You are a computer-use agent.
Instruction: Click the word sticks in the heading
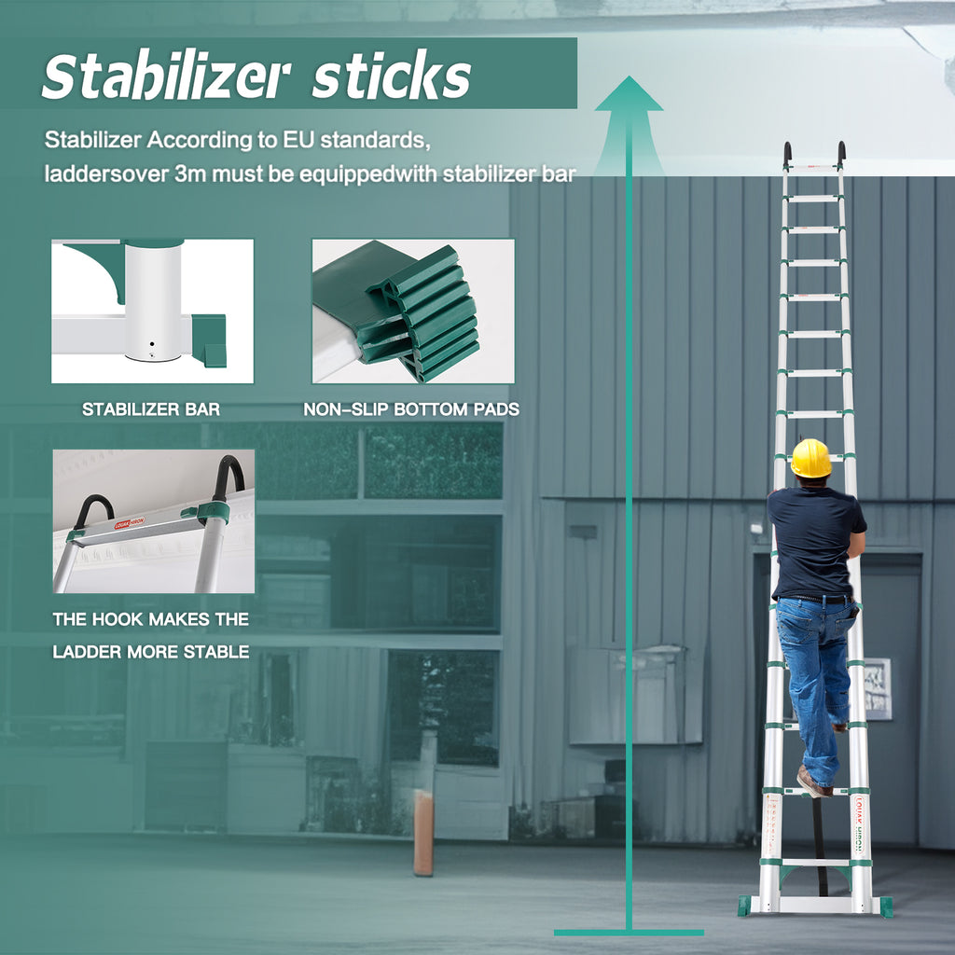(x=392, y=76)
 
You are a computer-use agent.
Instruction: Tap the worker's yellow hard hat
(x=810, y=458)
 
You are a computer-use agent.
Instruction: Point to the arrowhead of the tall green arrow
(x=629, y=93)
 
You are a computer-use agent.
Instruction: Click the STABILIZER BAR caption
(x=151, y=409)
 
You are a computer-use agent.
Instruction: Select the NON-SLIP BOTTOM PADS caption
(x=411, y=409)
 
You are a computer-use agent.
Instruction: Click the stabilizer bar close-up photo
(x=152, y=311)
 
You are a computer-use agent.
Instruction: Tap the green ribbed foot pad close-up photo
(x=413, y=311)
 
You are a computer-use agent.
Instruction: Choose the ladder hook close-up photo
(x=154, y=521)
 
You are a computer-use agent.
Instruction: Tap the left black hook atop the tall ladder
(x=787, y=154)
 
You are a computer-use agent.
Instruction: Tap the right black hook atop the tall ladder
(x=841, y=154)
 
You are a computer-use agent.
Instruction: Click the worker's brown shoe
(x=813, y=782)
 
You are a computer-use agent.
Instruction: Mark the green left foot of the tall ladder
(x=744, y=906)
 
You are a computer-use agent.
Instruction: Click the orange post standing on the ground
(x=423, y=833)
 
